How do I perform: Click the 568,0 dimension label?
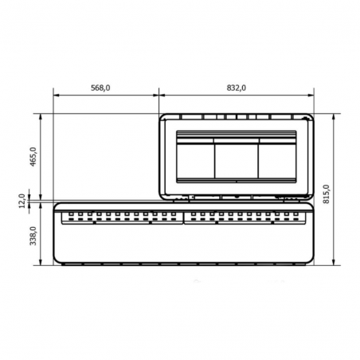pyautogui.click(x=100, y=88)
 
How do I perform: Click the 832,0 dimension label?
pyautogui.click(x=237, y=88)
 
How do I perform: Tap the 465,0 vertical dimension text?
pyautogui.click(x=33, y=157)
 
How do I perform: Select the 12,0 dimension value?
pyautogui.click(x=22, y=201)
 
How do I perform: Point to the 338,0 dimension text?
pyautogui.click(x=33, y=236)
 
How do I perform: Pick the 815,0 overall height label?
pyautogui.click(x=327, y=194)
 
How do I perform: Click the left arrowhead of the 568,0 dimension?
pyautogui.click(x=56, y=95)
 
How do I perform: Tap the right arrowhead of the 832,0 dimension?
pyautogui.click(x=311, y=95)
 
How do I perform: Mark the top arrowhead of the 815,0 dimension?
pyautogui.click(x=334, y=117)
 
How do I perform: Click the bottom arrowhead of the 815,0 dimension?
pyautogui.click(x=334, y=262)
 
